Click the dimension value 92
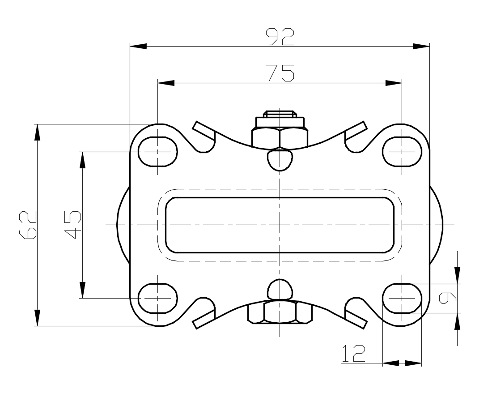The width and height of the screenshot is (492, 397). pyautogui.click(x=280, y=37)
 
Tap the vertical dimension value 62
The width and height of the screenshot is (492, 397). pyautogui.click(x=28, y=225)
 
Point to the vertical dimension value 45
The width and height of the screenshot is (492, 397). pyautogui.click(x=73, y=225)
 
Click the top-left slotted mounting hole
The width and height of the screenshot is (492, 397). pyautogui.click(x=158, y=151)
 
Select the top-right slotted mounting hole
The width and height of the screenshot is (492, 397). pyautogui.click(x=402, y=151)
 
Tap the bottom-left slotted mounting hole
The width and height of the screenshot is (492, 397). pyautogui.click(x=158, y=299)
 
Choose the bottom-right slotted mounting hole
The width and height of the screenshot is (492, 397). pyautogui.click(x=402, y=299)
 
